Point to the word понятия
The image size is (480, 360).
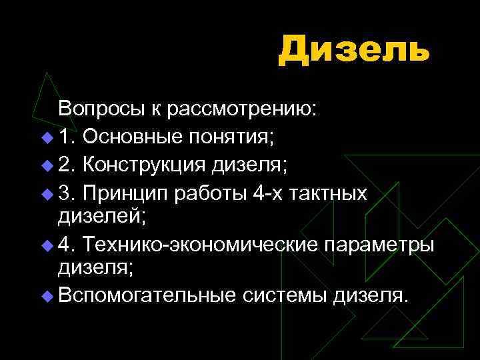point(229,137)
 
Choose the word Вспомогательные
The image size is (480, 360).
point(147,295)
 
